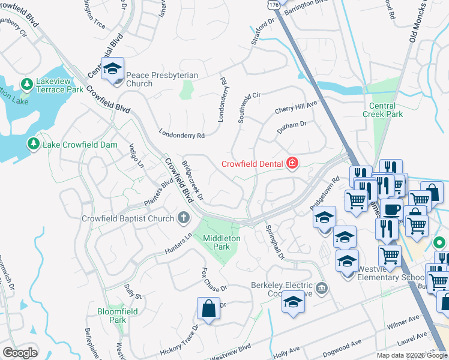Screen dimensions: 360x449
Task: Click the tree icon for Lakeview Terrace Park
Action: tap(26, 83)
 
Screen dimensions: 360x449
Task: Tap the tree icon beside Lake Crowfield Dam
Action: tap(32, 143)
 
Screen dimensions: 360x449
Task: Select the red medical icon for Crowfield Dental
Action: tap(292, 163)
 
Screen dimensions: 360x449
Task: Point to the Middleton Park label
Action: tap(221, 242)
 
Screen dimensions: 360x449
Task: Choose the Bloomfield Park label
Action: tap(118, 316)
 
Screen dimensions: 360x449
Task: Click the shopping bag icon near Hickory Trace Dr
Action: tap(208, 309)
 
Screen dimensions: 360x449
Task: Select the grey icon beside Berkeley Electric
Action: tap(322, 289)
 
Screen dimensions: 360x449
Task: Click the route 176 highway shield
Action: tap(274, 4)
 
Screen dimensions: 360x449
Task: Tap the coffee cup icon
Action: tap(392, 210)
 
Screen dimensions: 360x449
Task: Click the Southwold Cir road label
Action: tap(249, 107)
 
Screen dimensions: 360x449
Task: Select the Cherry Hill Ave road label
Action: tap(295, 107)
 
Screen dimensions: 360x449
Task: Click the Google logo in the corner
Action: tap(20, 353)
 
